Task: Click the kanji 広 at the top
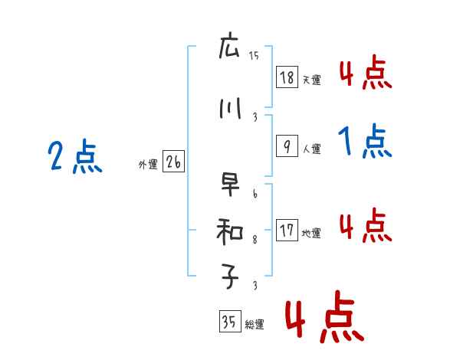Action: [229, 48]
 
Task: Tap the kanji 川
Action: [229, 109]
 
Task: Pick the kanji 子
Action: [229, 278]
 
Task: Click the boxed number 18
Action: [286, 78]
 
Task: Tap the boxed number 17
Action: [286, 231]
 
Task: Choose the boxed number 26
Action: [172, 162]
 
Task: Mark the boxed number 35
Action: [228, 323]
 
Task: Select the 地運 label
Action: [311, 234]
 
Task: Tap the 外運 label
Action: [147, 165]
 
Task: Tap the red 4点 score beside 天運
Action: [366, 74]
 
